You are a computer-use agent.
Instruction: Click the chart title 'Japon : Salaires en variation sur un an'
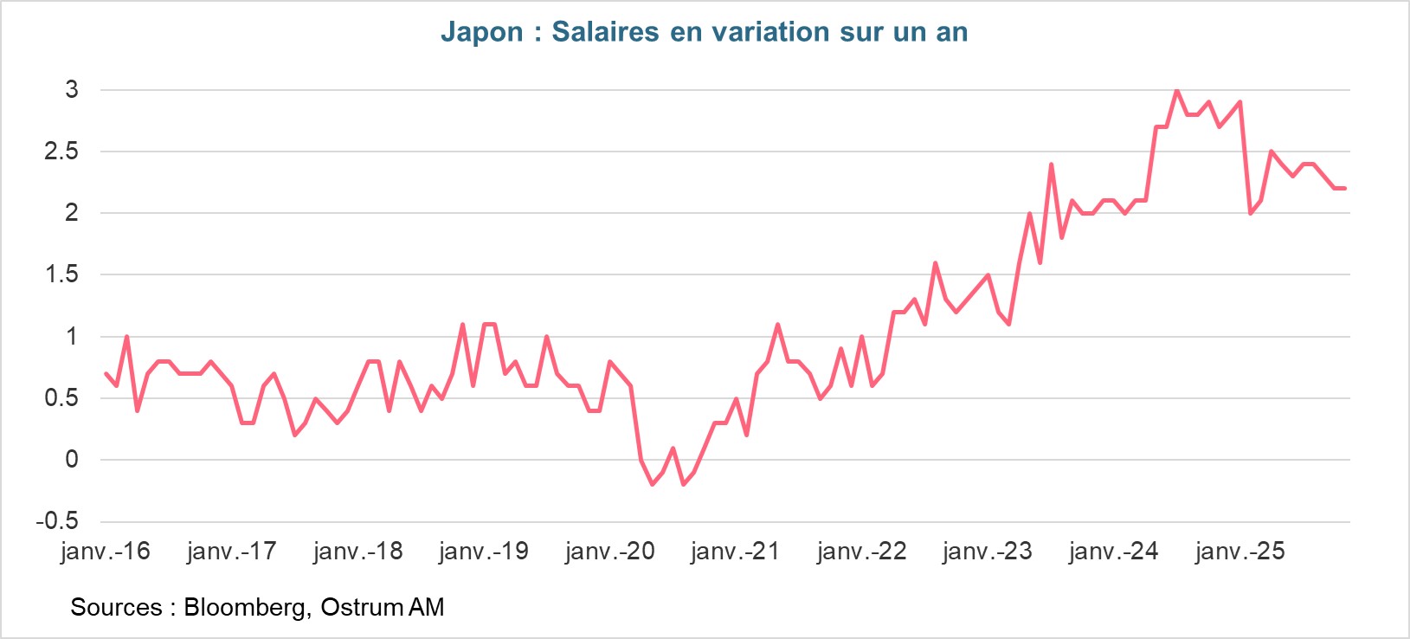click(704, 32)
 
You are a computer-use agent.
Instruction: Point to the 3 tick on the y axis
click(72, 89)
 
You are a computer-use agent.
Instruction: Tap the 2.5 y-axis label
click(61, 152)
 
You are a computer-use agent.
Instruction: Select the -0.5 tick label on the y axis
click(57, 521)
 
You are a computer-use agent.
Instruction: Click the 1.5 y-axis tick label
click(61, 274)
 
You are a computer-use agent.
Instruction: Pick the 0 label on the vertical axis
click(72, 460)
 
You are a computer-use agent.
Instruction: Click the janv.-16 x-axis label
click(106, 552)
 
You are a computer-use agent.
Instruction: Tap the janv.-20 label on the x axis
click(610, 552)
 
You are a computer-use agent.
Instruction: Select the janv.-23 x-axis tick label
click(988, 552)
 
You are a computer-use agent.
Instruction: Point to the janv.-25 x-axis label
click(1240, 552)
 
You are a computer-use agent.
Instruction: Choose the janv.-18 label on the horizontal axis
click(358, 552)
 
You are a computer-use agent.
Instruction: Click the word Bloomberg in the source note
click(245, 607)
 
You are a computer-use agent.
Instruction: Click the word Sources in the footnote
click(116, 607)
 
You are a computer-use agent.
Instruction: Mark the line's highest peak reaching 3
click(1177, 91)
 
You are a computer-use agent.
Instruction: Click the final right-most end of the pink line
click(1344, 188)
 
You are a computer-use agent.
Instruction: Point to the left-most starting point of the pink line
click(106, 373)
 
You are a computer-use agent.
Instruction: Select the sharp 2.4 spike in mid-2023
click(1051, 164)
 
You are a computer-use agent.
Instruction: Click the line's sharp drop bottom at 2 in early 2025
click(1251, 213)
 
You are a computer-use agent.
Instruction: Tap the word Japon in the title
click(482, 32)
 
